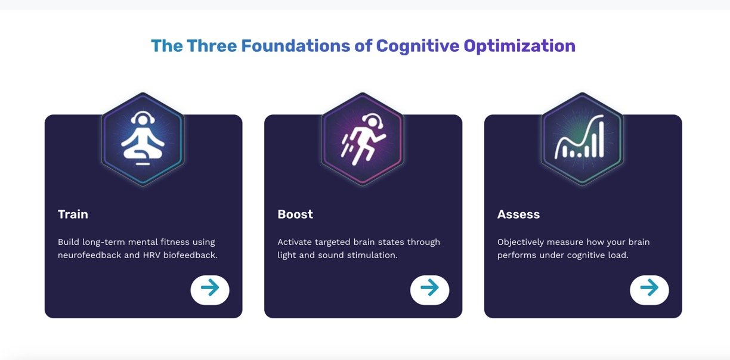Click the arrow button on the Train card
tap(210, 290)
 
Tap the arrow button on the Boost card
tap(429, 290)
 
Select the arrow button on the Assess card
tap(649, 290)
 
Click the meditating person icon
tap(143, 138)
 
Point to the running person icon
tap(363, 139)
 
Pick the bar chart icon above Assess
tap(580, 136)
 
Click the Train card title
tap(73, 214)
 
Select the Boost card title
tap(295, 214)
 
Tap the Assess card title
tap(518, 214)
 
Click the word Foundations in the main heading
tap(296, 46)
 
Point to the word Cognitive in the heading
tap(418, 46)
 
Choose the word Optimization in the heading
tap(520, 46)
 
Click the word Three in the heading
tap(212, 46)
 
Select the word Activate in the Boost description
tap(295, 242)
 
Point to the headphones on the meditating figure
tap(143, 117)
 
